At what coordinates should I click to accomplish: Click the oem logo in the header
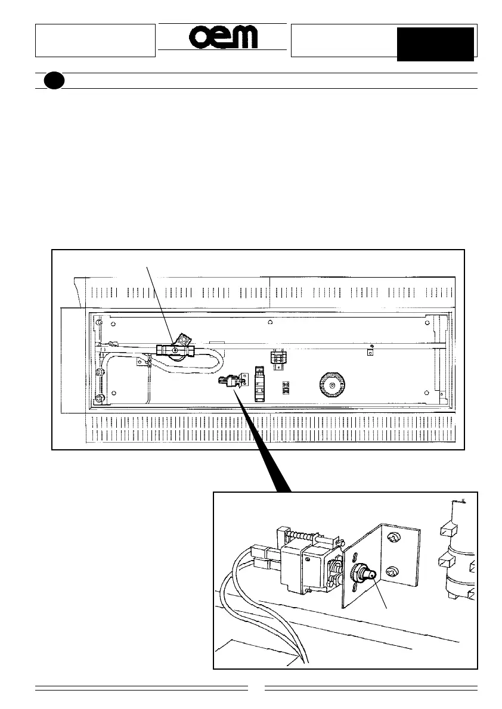click(224, 38)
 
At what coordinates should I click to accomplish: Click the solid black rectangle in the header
click(435, 43)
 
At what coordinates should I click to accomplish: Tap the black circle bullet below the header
click(54, 81)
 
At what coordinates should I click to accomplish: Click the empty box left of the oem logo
click(95, 41)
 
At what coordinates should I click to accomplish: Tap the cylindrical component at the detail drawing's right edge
click(459, 554)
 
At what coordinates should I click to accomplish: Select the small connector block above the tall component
click(278, 358)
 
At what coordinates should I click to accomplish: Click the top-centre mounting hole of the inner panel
click(270, 322)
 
